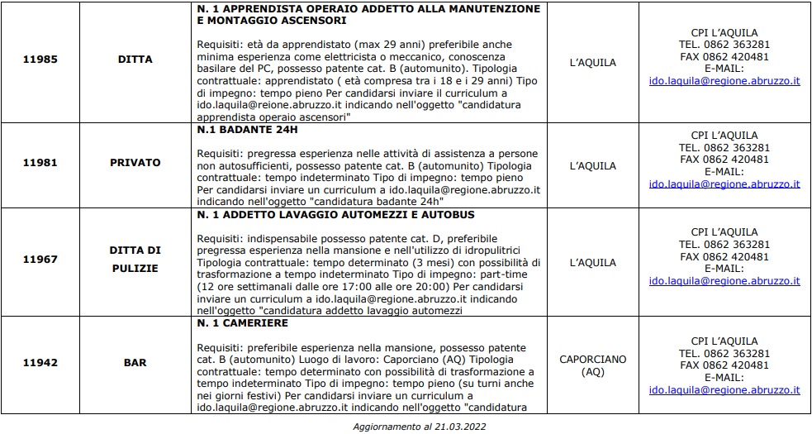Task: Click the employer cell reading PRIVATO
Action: pos(135,163)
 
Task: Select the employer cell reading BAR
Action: pos(135,362)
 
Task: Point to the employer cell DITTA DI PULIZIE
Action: pos(135,259)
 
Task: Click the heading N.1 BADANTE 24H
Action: pos(245,131)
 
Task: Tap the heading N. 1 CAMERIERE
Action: pos(242,323)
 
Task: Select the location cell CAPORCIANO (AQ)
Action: pos(592,365)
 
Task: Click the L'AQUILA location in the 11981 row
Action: pos(592,166)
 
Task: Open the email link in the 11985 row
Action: pos(724,81)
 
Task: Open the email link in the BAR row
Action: pos(724,390)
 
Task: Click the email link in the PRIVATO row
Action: pos(724,184)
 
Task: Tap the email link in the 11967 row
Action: pos(724,281)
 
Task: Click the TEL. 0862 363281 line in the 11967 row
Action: pos(724,245)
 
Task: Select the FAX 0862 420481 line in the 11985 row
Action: pos(724,57)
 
